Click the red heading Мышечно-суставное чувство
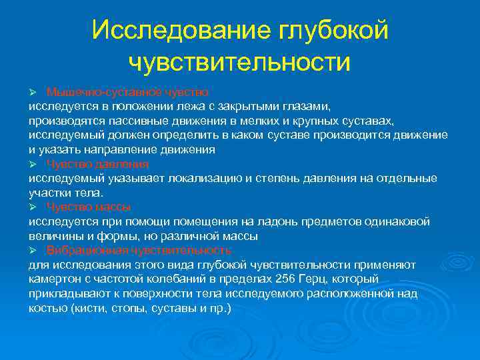pyautogui.click(x=127, y=91)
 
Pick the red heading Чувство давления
pyautogui.click(x=97, y=163)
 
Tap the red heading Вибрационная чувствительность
pyautogui.click(x=139, y=250)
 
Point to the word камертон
pyautogui.click(x=53, y=279)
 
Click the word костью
pyautogui.click(x=45, y=308)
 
